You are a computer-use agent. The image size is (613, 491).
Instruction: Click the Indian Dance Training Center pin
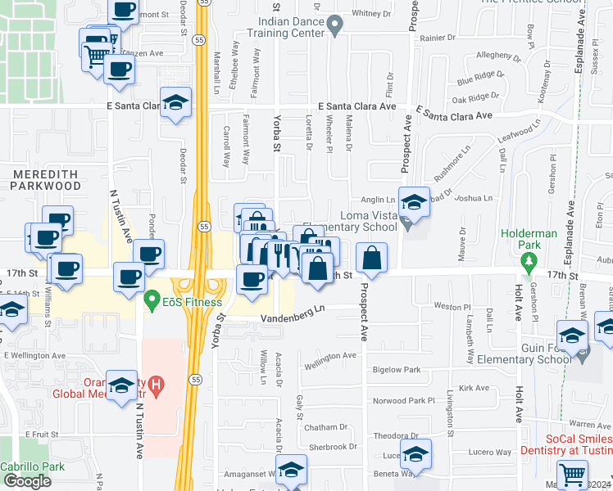point(334,27)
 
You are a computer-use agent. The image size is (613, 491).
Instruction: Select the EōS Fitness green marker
point(151,302)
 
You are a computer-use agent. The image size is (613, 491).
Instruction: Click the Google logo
point(28,481)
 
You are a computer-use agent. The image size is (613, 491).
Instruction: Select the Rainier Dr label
point(438,38)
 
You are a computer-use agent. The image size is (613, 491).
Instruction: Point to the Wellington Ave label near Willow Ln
point(329,357)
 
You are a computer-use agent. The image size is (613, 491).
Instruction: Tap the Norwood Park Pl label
point(404,400)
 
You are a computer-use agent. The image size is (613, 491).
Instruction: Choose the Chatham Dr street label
point(325,427)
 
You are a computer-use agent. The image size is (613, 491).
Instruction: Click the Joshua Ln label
point(475,198)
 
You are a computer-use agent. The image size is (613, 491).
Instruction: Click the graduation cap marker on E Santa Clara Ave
point(175,102)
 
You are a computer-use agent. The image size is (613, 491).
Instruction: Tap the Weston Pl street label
point(449,306)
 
